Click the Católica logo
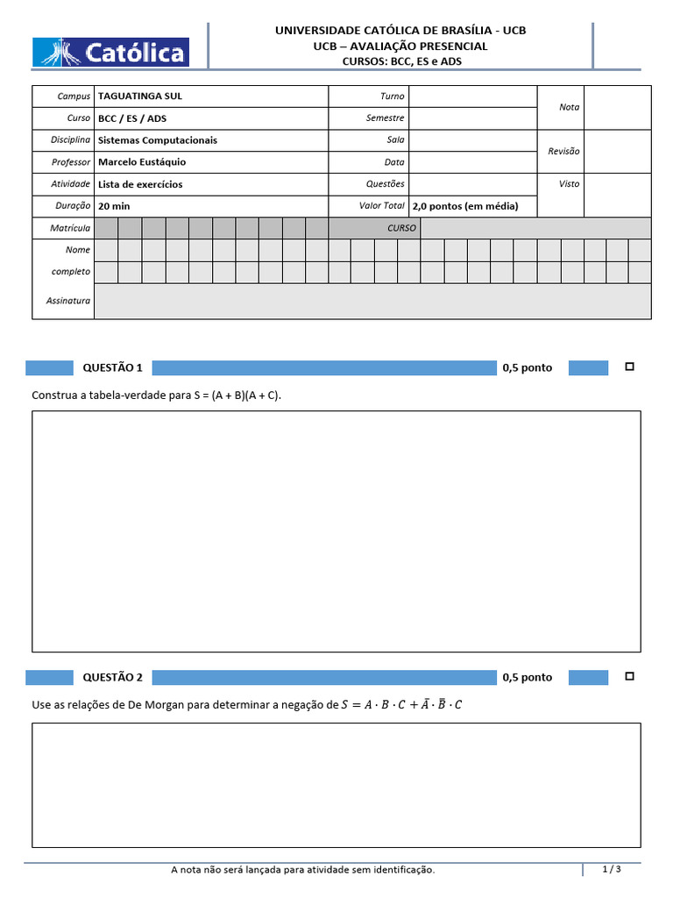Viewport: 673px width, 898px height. tap(110, 52)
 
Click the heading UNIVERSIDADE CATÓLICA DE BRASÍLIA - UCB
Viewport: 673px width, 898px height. tap(400, 30)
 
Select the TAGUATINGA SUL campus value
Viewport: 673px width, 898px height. tap(140, 96)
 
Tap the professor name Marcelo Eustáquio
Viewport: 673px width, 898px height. tap(142, 162)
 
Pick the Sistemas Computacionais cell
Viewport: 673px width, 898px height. tap(158, 140)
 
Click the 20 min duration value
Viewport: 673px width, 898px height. tap(114, 206)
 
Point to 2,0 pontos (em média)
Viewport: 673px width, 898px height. tap(465, 206)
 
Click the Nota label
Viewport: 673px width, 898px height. tap(569, 107)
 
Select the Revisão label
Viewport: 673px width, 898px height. tap(563, 151)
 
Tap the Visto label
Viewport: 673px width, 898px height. tap(569, 184)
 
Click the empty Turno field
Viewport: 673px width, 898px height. tap(472, 96)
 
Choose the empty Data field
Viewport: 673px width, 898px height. tap(472, 162)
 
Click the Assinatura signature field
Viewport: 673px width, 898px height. tap(372, 301)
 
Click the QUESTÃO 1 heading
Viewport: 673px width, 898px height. tap(112, 367)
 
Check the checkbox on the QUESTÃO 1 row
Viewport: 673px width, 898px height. tap(629, 367)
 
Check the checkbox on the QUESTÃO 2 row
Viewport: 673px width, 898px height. tap(629, 676)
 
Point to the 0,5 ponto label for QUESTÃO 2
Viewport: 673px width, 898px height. tap(528, 677)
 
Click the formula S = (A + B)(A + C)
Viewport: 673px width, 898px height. tap(237, 396)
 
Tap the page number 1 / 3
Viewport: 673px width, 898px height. tap(612, 869)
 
